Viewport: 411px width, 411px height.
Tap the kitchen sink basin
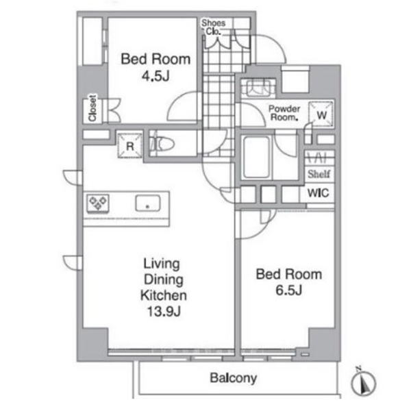point(147,203)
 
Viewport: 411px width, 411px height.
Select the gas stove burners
point(98,203)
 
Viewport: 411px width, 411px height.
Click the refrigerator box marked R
point(130,146)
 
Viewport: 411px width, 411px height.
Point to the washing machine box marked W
point(321,114)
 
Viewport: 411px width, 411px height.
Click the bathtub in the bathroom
point(256,157)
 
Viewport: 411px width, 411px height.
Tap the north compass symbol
point(363,383)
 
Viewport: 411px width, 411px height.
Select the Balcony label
point(234,378)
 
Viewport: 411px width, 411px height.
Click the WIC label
point(318,193)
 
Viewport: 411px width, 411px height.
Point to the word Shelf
point(319,174)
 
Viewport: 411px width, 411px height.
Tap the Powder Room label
point(284,113)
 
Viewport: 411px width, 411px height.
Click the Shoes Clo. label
point(213,27)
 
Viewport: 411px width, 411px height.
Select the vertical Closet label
point(92,108)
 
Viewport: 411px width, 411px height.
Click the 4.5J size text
point(155,76)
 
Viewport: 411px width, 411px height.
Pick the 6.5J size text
point(289,290)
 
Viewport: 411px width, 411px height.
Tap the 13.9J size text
point(164,312)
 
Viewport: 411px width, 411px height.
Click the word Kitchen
point(164,295)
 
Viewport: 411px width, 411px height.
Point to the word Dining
point(164,279)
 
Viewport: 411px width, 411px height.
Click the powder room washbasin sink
point(258,87)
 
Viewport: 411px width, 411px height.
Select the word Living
point(162,264)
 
